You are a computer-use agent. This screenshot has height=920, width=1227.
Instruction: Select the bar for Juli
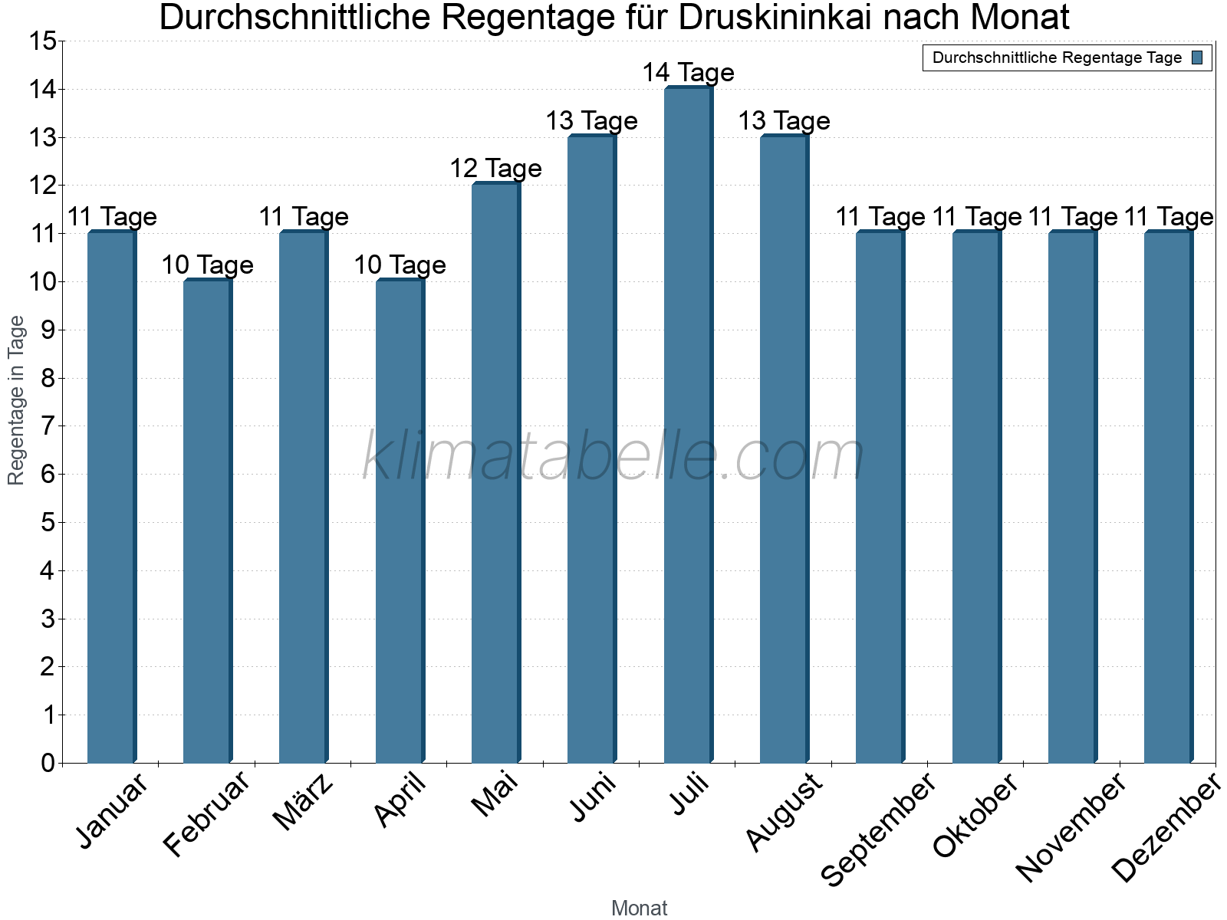pos(688,426)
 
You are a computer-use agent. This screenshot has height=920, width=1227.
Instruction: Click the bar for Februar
pos(207,521)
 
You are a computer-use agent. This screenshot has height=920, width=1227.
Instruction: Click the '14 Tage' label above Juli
pos(688,73)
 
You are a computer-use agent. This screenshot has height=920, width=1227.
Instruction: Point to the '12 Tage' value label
pos(495,169)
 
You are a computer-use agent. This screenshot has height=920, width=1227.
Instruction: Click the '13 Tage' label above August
pos(784,121)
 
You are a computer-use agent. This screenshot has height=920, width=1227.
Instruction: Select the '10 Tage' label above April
pos(400,265)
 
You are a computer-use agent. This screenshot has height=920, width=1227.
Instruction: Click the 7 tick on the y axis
pos(48,426)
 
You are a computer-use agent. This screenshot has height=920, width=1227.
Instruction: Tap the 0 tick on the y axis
pos(48,763)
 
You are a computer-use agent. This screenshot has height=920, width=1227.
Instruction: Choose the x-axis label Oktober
pos(975,816)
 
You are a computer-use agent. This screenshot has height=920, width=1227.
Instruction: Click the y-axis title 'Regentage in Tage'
pos(17,400)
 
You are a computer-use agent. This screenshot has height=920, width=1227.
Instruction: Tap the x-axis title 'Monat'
pos(639,909)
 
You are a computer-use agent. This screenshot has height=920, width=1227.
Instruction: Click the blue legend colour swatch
pos(1197,58)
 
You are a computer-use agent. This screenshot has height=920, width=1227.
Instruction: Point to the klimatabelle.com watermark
pos(613,457)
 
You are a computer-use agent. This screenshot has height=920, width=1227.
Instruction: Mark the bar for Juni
pos(591,449)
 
